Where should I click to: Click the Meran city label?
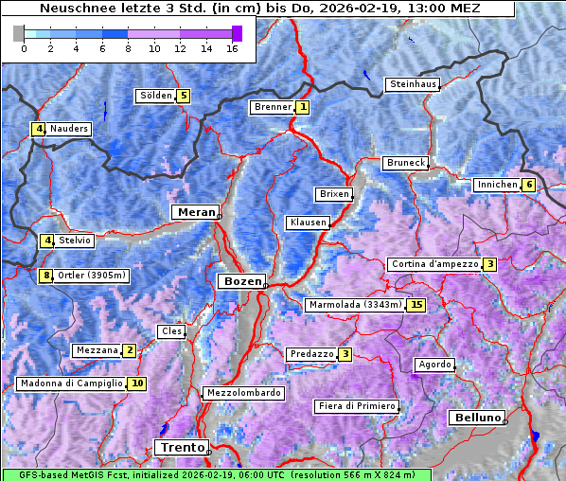(x=194, y=212)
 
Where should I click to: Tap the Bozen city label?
(x=240, y=281)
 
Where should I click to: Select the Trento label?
(x=180, y=447)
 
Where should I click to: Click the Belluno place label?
(x=475, y=418)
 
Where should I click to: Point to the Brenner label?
(x=273, y=107)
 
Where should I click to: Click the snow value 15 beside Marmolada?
(x=416, y=305)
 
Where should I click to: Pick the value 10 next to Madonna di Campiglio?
(x=137, y=383)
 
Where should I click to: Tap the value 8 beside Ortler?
(x=46, y=276)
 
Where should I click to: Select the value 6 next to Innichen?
(x=528, y=185)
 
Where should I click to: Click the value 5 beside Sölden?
(x=184, y=96)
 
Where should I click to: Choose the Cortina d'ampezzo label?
(x=433, y=264)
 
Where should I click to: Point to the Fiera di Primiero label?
(x=356, y=406)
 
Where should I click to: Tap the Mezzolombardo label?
(x=242, y=392)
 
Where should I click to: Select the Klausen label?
(x=307, y=223)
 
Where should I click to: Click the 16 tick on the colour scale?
(x=232, y=48)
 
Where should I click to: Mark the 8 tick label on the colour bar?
(x=128, y=48)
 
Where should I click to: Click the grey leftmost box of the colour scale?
(x=18, y=33)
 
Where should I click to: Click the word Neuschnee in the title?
(x=73, y=9)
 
